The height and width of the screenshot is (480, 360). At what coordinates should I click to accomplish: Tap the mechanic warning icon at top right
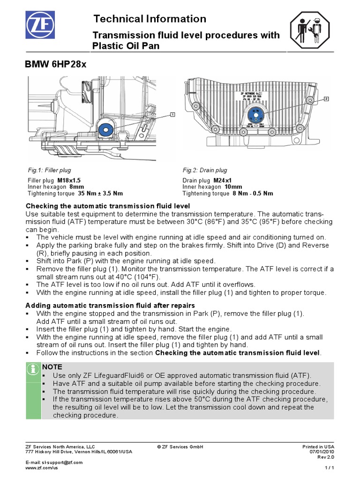[x=311, y=31]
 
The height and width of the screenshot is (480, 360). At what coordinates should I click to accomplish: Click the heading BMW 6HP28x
[x=55, y=65]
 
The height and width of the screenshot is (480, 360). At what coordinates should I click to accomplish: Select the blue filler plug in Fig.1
[x=105, y=129]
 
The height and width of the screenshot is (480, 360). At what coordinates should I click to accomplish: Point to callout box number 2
[x=326, y=99]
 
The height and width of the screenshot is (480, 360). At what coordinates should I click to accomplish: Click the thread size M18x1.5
[x=69, y=180]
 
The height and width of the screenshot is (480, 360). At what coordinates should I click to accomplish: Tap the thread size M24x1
[x=223, y=180]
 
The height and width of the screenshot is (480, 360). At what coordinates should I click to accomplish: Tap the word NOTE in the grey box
[x=52, y=367]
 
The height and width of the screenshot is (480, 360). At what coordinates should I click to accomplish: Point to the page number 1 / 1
[x=330, y=467]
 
